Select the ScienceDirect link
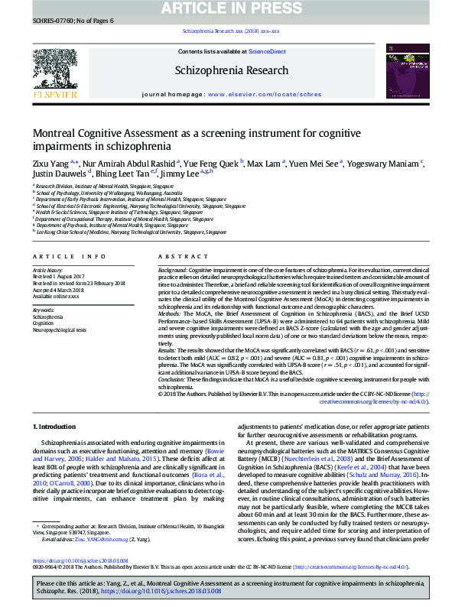(x=267, y=51)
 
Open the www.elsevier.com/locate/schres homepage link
(x=260, y=94)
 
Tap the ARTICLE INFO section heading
(x=69, y=257)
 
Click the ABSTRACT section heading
(x=177, y=257)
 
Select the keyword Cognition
(x=43, y=323)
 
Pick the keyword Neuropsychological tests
(x=59, y=329)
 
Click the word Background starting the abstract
(x=173, y=271)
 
